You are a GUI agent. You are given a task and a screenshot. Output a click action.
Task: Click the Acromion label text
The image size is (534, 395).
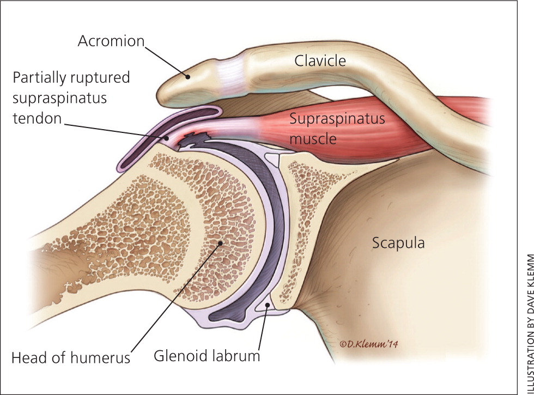point(110,41)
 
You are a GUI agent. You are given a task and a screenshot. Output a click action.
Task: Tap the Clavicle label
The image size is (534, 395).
point(320,61)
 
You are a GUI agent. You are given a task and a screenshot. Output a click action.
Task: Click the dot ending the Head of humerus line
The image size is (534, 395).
point(220,244)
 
